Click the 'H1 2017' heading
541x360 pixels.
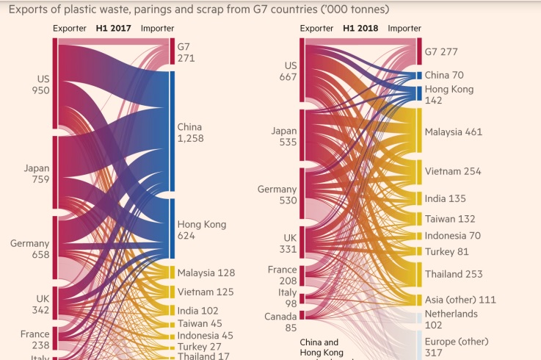pyautogui.click(x=114, y=29)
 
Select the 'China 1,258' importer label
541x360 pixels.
pyautogui.click(x=191, y=133)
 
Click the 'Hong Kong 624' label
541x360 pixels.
pyautogui.click(x=202, y=230)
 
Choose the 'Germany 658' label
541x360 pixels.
pyautogui.click(x=30, y=249)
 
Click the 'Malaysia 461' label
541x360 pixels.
pyautogui.click(x=454, y=132)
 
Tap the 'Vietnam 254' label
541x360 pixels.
pyautogui.click(x=453, y=171)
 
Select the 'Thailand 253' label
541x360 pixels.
pyautogui.click(x=454, y=274)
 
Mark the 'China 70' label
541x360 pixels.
pyautogui.click(x=443, y=75)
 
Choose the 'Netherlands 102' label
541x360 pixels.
pyautogui.click(x=451, y=320)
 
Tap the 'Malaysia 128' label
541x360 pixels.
pyautogui.click(x=206, y=273)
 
